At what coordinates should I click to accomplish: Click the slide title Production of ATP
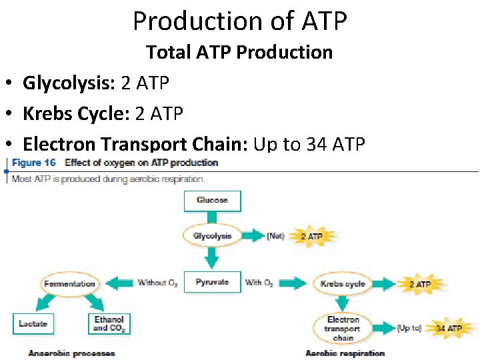point(240,21)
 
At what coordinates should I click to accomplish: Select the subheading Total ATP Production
point(239,52)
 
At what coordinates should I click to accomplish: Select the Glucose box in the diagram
point(212,201)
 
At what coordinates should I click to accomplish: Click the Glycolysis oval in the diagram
point(212,236)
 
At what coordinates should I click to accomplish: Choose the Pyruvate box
point(212,283)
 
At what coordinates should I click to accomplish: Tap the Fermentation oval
point(69,283)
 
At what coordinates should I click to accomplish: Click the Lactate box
point(33,323)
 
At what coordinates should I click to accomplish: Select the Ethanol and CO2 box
point(109,323)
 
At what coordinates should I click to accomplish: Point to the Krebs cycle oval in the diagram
point(343,283)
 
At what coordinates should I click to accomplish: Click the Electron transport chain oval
point(343,328)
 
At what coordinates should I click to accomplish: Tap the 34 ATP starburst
point(448,328)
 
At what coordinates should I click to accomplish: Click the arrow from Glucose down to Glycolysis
point(212,218)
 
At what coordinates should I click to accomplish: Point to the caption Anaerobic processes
point(71,353)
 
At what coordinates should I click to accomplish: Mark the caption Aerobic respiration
point(345,353)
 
